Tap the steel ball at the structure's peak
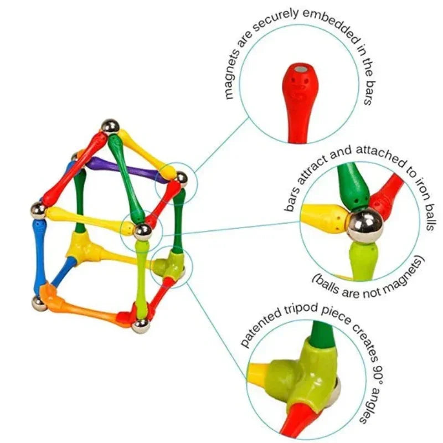coord(110,126)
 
